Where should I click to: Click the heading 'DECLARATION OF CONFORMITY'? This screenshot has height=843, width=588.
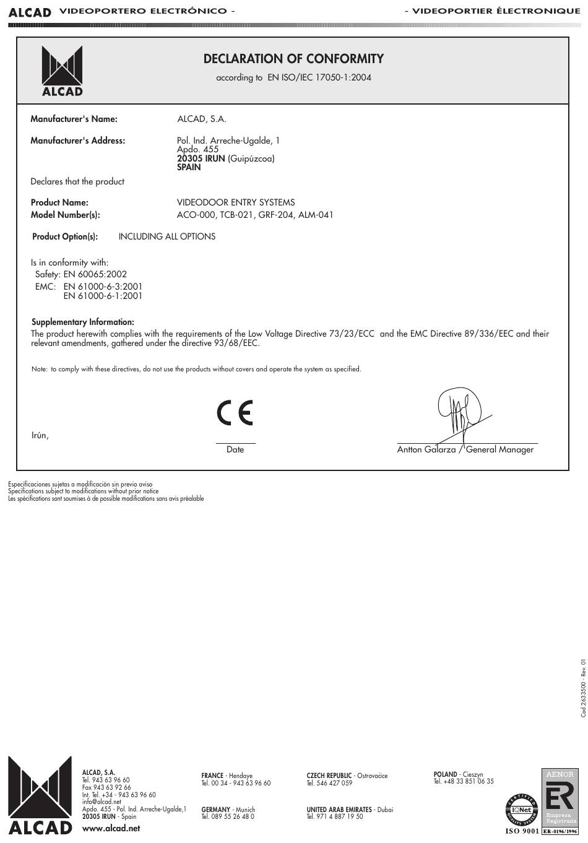coord(293,59)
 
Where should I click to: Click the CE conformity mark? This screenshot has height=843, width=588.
coord(235,413)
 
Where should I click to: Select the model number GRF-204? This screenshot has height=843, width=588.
coord(275,215)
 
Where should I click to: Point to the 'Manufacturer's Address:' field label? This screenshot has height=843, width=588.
coord(78,140)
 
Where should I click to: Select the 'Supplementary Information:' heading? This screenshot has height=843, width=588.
coord(83,322)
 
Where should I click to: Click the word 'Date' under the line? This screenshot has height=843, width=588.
coord(235,450)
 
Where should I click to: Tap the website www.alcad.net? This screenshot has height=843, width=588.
coord(111,828)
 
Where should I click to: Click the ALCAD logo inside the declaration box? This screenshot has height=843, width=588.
coord(62,71)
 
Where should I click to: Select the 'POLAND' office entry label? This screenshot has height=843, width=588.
coord(445,774)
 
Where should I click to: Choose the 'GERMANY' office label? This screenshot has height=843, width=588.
coord(215,810)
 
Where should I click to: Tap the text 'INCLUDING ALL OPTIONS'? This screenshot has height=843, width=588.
coord(167,236)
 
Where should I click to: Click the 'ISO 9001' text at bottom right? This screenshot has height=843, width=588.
coord(522,831)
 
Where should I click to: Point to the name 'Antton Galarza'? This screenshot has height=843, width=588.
coord(426,450)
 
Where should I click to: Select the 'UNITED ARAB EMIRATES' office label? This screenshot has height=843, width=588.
coord(339,810)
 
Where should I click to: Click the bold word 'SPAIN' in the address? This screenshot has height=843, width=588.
coord(189,167)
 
